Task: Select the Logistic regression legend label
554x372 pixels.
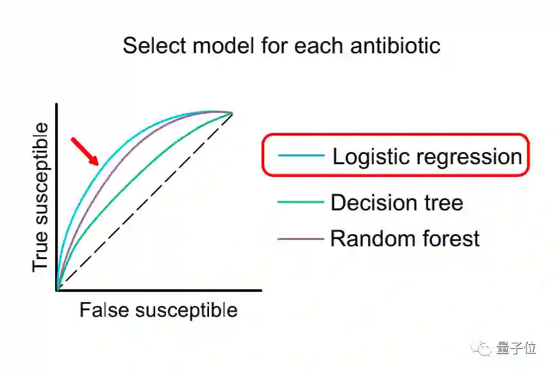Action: coord(426,156)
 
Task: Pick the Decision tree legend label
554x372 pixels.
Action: coord(396,203)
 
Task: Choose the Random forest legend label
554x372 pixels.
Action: coord(405,239)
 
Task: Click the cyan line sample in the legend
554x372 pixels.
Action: coord(301,156)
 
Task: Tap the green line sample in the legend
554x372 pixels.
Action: coord(301,203)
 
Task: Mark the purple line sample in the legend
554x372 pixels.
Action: coord(301,239)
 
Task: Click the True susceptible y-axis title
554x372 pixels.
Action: coord(40,196)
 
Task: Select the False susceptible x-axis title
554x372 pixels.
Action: coord(158,310)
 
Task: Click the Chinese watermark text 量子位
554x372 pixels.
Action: coord(516,348)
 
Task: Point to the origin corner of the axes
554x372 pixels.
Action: coord(58,291)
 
